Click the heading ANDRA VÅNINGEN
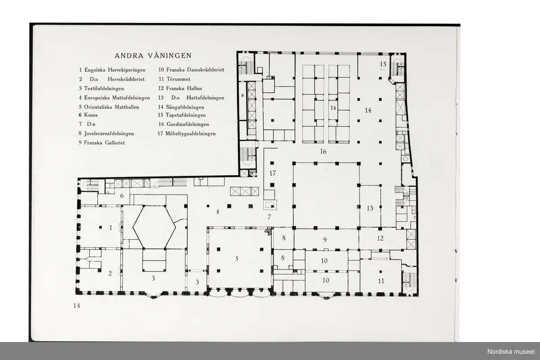(x=153, y=56)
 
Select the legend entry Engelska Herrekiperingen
(x=115, y=70)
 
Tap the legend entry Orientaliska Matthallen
(x=112, y=107)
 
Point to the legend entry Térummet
(x=178, y=79)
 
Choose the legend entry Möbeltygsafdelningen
(x=190, y=134)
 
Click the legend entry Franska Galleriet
(x=104, y=143)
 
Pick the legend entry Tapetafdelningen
(x=185, y=115)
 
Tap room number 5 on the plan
(x=237, y=259)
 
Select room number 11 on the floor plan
(x=381, y=281)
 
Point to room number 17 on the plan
(x=273, y=173)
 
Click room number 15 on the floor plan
(x=383, y=64)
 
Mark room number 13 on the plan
(x=370, y=208)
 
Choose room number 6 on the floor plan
(x=122, y=196)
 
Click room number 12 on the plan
(x=380, y=238)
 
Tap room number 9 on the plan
(x=325, y=239)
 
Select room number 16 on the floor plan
(x=323, y=152)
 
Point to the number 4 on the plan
(x=218, y=211)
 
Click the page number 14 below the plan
(x=76, y=306)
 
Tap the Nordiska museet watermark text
(x=511, y=352)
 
